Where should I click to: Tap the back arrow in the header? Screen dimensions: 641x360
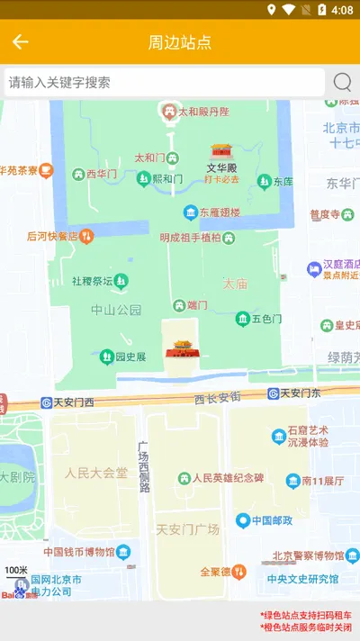[21, 41]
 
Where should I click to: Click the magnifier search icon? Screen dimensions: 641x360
[342, 82]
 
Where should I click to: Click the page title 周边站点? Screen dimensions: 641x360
[180, 42]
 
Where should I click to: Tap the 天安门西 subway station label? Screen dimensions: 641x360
[73, 402]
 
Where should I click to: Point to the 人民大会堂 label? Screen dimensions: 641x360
[96, 472]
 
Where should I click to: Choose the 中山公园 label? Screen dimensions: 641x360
[116, 310]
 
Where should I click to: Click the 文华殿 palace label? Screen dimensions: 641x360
[221, 167]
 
